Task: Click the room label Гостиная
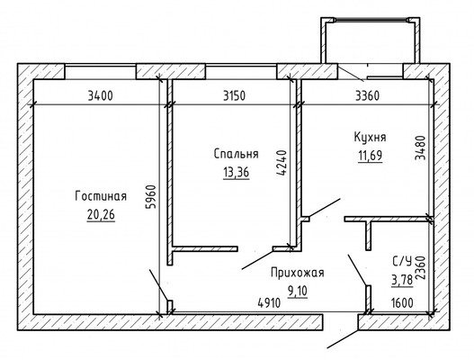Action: [x=101, y=197]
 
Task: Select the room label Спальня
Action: [x=237, y=153]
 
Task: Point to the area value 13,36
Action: [x=235, y=171]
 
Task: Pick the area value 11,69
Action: [x=369, y=155]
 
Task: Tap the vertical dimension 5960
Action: [x=154, y=196]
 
